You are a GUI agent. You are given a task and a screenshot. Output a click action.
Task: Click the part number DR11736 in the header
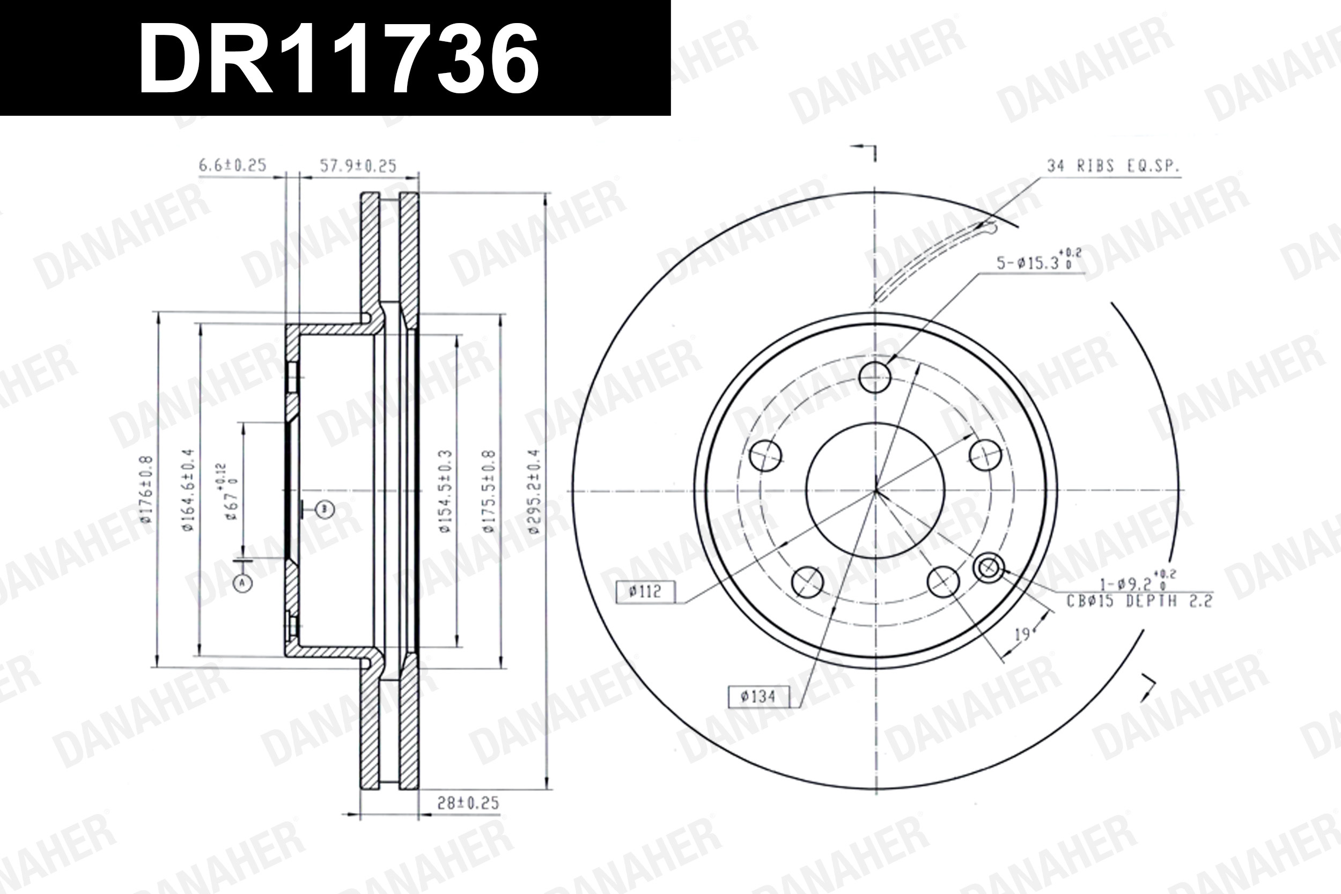pos(338,59)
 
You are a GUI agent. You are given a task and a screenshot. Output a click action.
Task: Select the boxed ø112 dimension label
pos(645,592)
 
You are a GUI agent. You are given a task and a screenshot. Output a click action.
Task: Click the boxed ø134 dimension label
pos(758,697)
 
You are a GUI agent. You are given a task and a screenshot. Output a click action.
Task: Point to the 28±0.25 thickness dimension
pos(468,803)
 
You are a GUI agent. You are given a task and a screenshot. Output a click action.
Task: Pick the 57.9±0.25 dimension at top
pos(357,166)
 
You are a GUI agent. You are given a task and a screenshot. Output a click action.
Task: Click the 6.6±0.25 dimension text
pos(232,165)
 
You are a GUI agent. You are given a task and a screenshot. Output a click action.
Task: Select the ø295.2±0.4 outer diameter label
pos(534,491)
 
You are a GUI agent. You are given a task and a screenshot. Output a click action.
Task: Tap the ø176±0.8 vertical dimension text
pos(146,489)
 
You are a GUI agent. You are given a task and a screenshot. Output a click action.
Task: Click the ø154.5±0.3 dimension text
pos(446,491)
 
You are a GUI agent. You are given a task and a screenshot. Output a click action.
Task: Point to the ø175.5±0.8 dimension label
pos(489,491)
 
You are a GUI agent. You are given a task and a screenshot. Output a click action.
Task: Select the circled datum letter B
pos(325,509)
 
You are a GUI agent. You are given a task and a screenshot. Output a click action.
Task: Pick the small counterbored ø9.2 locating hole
pos(989,568)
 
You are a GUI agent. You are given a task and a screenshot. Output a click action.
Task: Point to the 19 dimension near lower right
pos(1022,634)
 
